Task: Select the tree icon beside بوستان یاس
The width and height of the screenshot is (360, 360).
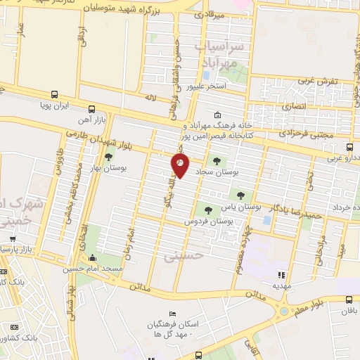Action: [x=240, y=195]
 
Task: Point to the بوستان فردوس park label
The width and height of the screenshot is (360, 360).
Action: [x=209, y=221]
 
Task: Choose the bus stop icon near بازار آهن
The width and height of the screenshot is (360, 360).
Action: [x=92, y=109]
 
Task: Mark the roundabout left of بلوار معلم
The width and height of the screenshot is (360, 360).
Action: [x=284, y=310]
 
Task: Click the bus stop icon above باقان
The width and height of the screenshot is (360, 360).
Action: [x=349, y=299]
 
